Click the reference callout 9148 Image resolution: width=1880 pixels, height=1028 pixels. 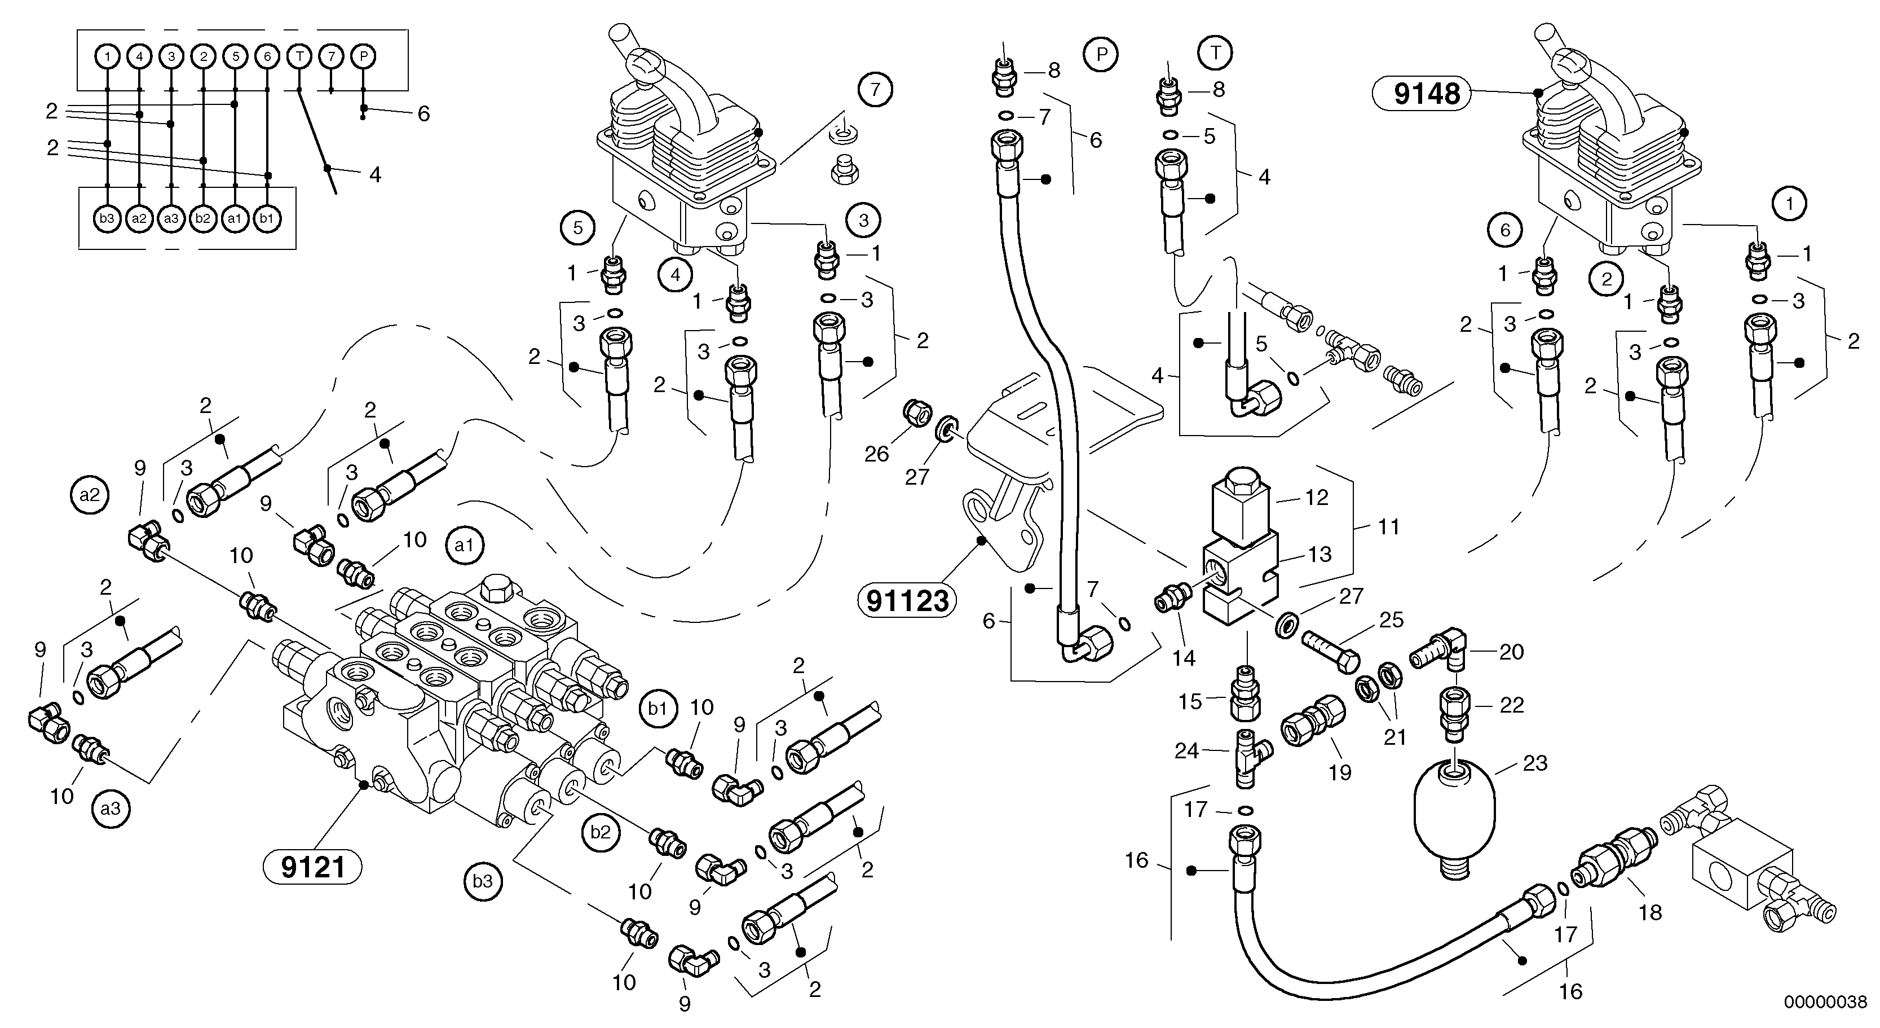[x=1420, y=94]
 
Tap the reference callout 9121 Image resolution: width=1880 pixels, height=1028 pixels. [x=312, y=867]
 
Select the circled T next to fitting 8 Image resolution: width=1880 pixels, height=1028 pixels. [x=1215, y=52]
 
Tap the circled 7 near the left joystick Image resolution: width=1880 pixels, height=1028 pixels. [x=875, y=90]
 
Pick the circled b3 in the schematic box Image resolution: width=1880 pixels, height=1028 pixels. [x=107, y=218]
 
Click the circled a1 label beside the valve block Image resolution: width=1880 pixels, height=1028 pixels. [x=464, y=546]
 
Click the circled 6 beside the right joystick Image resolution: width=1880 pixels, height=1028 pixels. [x=1505, y=231]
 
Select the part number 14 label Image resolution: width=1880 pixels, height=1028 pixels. [x=1183, y=658]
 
